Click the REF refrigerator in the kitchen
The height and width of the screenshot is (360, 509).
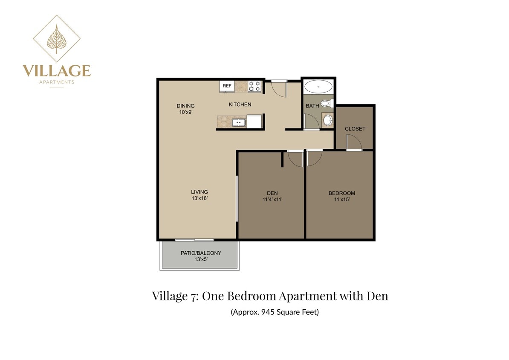227,86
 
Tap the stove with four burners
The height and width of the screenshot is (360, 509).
254,86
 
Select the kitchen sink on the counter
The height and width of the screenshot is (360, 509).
238,123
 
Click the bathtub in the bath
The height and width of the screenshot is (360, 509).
318,87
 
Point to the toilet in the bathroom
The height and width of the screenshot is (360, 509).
326,103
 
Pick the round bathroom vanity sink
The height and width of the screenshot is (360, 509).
327,120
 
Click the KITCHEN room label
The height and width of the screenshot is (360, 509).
240,105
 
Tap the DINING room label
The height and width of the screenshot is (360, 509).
186,106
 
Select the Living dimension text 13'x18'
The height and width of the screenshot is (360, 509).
200,198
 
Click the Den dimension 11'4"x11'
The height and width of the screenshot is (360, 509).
273,199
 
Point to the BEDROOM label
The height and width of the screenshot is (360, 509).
341,193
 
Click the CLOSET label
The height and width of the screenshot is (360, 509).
355,129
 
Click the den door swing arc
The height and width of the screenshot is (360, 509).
295,159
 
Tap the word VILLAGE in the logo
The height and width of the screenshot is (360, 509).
56,70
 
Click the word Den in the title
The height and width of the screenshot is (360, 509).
377,296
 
